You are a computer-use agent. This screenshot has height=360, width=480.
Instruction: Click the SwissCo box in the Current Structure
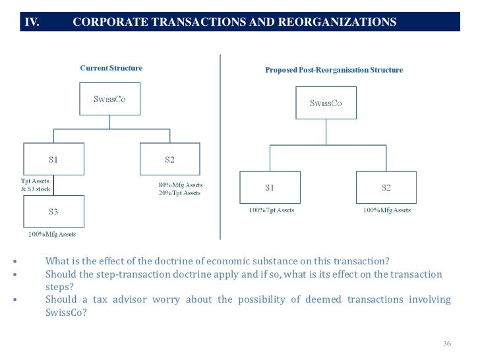coord(109,100)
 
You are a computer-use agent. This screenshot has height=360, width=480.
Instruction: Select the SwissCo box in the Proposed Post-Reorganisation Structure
coord(326,104)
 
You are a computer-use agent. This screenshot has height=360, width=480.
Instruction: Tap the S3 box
coord(53,212)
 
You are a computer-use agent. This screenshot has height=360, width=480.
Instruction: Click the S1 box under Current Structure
coord(53,160)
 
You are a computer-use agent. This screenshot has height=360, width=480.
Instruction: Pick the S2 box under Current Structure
coord(169,160)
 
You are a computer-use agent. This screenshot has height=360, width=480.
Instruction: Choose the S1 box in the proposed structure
coord(270,188)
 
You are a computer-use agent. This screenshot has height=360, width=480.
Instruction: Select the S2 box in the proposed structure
coord(386,188)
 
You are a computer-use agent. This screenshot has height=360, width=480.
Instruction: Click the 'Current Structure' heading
coord(111,68)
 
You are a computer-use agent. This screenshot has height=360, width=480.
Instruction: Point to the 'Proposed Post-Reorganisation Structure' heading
coord(334,70)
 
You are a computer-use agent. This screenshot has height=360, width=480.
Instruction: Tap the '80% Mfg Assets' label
coord(176,185)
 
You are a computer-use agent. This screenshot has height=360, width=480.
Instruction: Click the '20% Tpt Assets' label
coord(175,193)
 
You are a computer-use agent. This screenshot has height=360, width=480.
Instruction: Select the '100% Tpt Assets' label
coord(271,210)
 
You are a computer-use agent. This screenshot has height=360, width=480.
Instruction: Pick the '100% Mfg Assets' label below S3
coord(52,234)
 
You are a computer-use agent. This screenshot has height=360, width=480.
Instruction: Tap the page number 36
coord(447,344)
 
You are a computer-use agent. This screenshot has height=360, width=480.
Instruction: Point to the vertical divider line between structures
coord(220,145)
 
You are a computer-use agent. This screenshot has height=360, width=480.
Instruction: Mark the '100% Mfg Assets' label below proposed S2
coord(387,210)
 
